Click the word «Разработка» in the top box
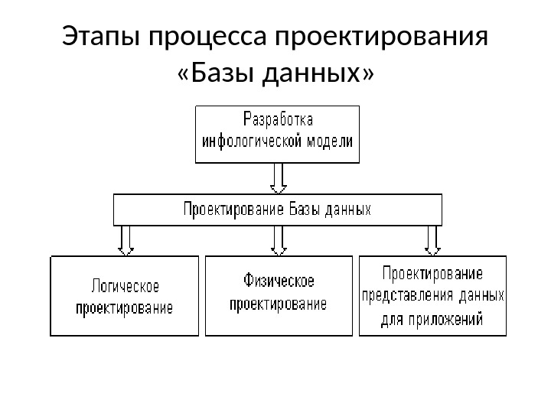coord(278,120)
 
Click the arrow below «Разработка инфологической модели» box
coord(278,178)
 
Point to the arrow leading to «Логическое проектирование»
coord(126,239)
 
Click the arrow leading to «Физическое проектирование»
coord(279,239)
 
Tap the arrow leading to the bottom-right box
coord(432,239)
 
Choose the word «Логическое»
coord(125,287)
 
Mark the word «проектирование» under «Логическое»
coord(124,309)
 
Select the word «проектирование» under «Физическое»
coord(279,304)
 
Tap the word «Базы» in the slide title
coord(223,74)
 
